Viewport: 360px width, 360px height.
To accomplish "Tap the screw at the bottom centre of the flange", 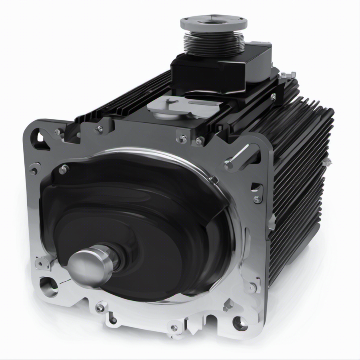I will click(x=174, y=328).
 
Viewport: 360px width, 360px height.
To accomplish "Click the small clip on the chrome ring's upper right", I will click(x=213, y=180).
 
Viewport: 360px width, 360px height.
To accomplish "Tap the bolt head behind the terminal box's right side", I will click(x=286, y=75).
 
